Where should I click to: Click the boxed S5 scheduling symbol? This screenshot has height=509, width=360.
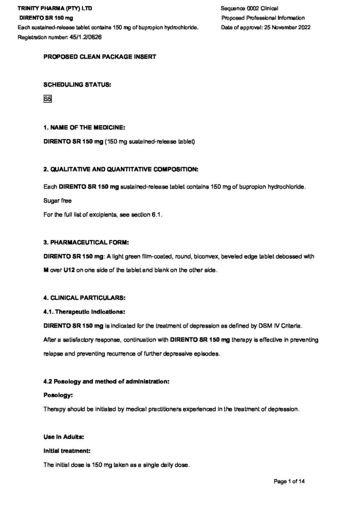tap(48, 99)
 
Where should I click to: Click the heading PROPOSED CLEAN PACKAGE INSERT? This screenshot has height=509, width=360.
tap(100, 57)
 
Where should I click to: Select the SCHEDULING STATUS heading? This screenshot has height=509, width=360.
tap(77, 85)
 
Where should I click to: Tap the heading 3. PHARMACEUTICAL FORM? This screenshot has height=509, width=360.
tap(86, 242)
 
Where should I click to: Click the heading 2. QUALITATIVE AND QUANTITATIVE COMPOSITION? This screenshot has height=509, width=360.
tap(121, 169)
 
